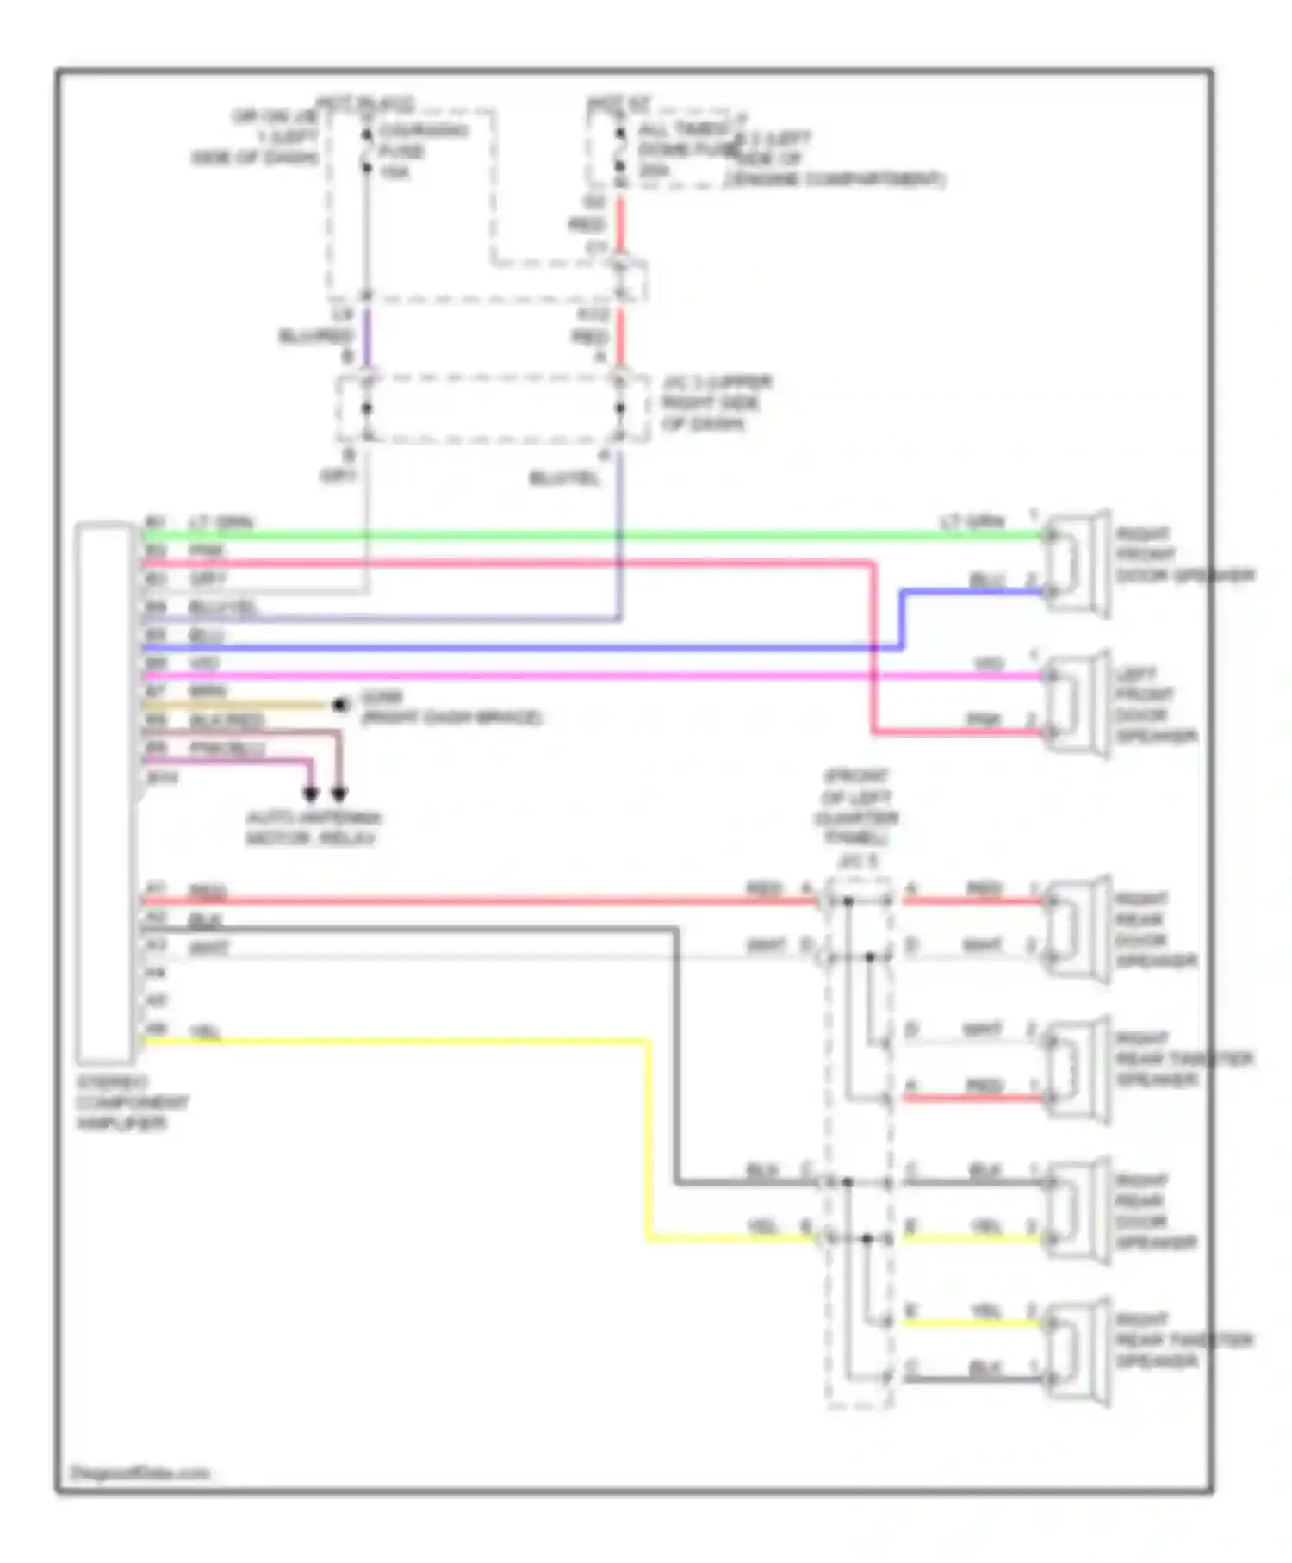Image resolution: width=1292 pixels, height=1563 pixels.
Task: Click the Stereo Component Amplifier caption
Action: tap(132, 1102)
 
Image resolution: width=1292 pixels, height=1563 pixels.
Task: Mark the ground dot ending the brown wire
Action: tap(341, 705)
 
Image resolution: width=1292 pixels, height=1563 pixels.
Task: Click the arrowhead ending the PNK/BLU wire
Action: tap(311, 793)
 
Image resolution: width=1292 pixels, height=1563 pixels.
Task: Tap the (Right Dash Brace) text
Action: tap(451, 717)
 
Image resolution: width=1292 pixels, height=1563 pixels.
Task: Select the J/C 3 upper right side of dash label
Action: tap(715, 402)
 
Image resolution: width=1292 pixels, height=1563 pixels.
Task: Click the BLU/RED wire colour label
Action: tap(316, 336)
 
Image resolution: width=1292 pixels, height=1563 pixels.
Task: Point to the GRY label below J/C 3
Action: tap(338, 476)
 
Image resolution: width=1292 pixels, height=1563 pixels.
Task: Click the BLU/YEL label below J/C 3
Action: tap(563, 477)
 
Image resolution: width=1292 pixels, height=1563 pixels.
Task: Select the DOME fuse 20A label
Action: tap(680, 151)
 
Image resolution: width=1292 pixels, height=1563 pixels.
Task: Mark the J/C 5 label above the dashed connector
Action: tap(858, 861)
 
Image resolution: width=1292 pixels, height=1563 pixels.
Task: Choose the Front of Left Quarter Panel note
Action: tap(856, 806)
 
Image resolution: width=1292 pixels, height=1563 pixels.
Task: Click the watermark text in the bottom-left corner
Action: tap(140, 1473)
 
